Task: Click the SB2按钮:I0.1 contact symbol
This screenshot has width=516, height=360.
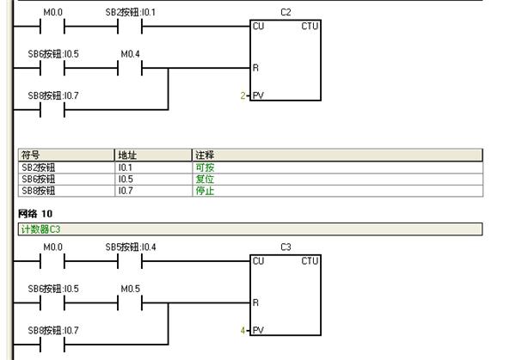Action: tap(130, 27)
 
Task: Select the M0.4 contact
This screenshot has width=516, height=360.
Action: tap(130, 68)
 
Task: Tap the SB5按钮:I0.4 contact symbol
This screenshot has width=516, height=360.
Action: tap(130, 261)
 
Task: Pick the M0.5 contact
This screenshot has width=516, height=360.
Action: tap(130, 302)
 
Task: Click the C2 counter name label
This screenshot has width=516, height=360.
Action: tap(286, 13)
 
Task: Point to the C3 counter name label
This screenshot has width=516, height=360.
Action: tap(286, 247)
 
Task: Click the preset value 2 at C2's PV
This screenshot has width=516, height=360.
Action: tap(243, 95)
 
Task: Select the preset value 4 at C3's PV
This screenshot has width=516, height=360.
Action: tap(243, 331)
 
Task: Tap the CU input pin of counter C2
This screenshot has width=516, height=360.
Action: tap(258, 26)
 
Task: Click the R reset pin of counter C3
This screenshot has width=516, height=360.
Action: tap(255, 302)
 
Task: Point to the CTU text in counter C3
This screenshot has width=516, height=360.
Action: tap(310, 261)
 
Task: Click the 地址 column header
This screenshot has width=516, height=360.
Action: tap(127, 156)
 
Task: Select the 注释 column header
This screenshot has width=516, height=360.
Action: tap(205, 156)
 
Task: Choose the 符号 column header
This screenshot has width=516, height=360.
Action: tap(30, 156)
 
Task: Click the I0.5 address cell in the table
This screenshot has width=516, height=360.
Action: tap(126, 180)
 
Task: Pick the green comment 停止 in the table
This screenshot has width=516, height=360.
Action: tap(205, 191)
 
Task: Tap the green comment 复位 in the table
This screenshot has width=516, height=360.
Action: tap(205, 180)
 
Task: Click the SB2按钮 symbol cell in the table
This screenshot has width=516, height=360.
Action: tap(38, 168)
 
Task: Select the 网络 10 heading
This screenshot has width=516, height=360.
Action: tap(35, 214)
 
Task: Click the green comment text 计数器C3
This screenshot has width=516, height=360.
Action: tap(40, 229)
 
